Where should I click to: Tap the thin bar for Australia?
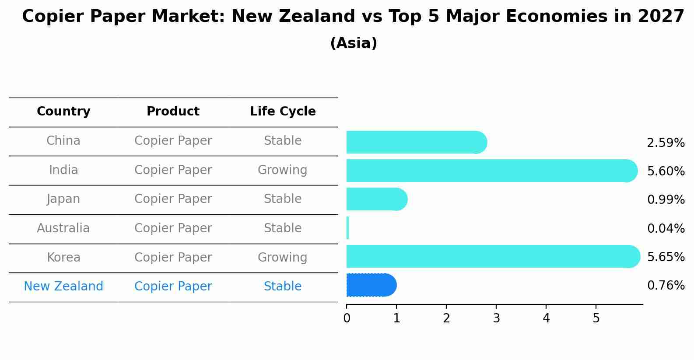click(347, 228)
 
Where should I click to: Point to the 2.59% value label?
click(666, 143)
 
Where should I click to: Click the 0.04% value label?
click(666, 228)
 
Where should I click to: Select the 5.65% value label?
click(666, 257)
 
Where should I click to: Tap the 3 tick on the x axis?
click(496, 318)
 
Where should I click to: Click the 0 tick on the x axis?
click(347, 318)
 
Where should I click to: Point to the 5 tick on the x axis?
click(596, 318)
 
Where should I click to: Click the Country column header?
click(63, 112)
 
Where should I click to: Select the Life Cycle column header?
click(283, 112)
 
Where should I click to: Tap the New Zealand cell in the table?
click(63, 287)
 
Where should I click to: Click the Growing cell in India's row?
click(282, 170)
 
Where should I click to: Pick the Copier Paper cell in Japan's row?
click(173, 199)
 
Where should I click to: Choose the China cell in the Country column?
click(63, 141)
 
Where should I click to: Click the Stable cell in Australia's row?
click(282, 228)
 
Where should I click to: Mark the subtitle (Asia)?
click(354, 43)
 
